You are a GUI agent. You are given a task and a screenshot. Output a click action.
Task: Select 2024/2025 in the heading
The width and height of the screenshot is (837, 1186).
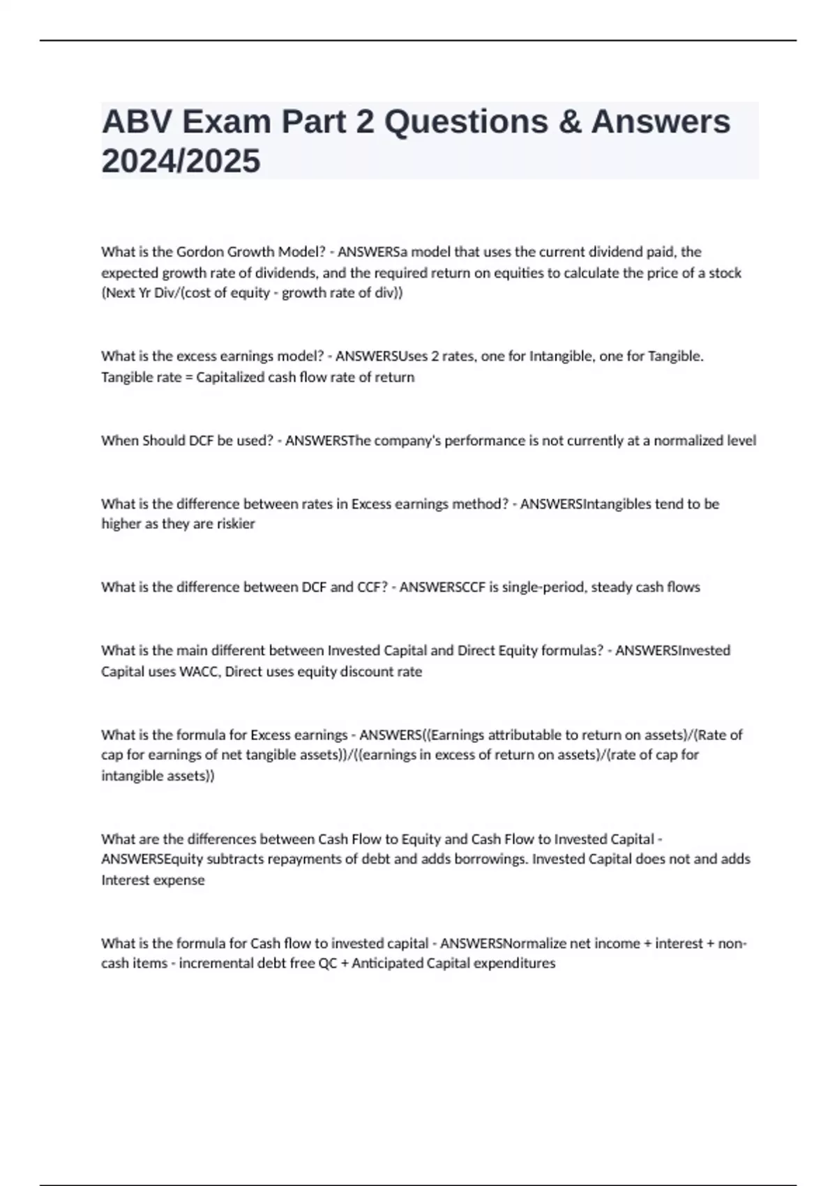[x=181, y=161]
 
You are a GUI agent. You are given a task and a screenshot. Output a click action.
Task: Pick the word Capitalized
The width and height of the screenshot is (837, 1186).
[x=235, y=377]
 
